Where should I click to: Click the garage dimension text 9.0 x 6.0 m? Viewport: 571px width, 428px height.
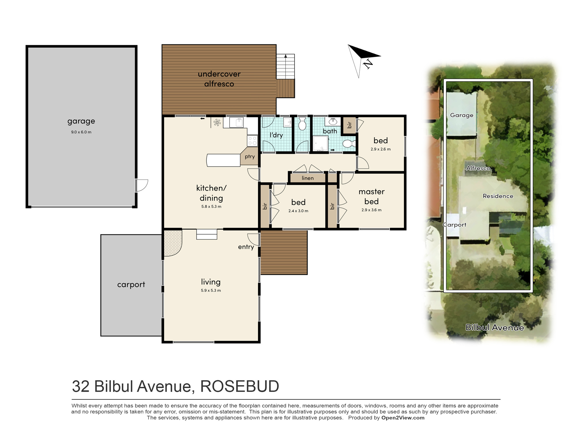(x=81, y=132)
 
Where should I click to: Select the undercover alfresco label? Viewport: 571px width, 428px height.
(x=219, y=79)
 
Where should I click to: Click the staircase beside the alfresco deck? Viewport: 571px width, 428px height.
(x=285, y=66)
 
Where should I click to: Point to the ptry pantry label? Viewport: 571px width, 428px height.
(x=250, y=156)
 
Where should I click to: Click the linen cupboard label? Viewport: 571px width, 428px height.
(x=307, y=178)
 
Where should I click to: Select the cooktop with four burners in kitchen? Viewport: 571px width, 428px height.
(x=252, y=141)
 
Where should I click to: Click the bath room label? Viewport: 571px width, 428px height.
(x=330, y=131)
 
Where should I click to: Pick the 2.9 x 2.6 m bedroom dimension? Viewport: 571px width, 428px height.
(x=380, y=149)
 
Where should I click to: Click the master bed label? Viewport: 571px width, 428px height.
(x=371, y=196)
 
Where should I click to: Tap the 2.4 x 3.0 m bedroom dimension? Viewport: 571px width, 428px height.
(x=298, y=211)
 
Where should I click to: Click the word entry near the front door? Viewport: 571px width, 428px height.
(x=246, y=247)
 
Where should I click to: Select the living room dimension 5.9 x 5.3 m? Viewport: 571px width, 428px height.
(x=211, y=290)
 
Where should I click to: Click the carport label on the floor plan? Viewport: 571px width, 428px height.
(x=131, y=284)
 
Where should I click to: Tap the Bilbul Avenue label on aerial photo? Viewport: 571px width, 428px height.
(x=494, y=327)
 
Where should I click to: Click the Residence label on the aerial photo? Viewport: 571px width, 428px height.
(x=498, y=196)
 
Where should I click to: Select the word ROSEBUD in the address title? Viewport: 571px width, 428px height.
(x=240, y=387)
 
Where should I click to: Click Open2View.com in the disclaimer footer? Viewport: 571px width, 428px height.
(x=403, y=418)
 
